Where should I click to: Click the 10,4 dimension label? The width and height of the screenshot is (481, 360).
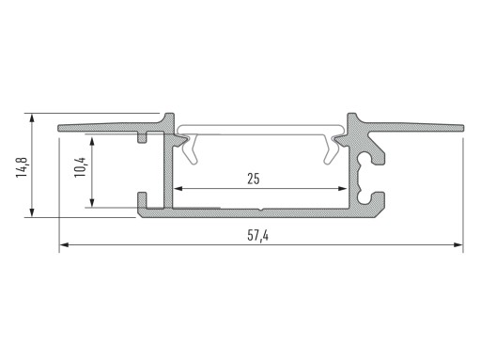80,167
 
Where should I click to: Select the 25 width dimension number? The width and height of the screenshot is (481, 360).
254,179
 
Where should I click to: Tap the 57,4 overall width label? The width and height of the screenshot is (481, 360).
257,235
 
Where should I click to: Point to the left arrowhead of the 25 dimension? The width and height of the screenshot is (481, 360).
178,189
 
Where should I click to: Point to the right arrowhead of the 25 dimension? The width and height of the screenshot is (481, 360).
343,189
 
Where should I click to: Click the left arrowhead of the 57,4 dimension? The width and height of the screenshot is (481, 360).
64,244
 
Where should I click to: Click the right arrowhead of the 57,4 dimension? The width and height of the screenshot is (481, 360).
458,244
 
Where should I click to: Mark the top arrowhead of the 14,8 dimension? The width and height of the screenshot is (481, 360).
32,119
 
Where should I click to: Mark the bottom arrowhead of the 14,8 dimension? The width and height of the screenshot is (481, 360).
32,211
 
